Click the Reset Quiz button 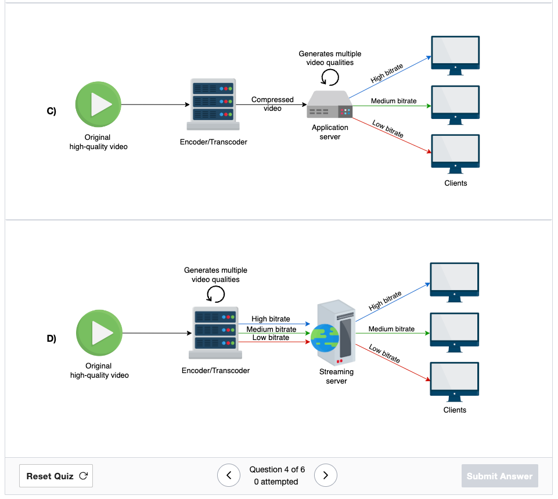coord(56,476)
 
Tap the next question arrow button coord(325,475)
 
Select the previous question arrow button coord(229,475)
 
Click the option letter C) coord(51,111)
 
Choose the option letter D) coord(51,338)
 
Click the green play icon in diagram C coord(98,104)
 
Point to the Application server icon coord(330,104)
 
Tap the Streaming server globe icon coord(325,338)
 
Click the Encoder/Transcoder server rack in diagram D coord(215,332)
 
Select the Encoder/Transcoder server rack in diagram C coord(213,104)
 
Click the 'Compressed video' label coord(272,104)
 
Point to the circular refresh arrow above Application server coord(330,77)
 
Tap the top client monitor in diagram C coord(455,56)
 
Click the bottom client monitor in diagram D coord(455,382)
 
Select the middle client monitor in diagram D coord(455,332)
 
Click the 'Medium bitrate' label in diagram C coord(394,101)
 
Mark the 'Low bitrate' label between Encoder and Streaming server coord(271,338)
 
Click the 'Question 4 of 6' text coord(277,469)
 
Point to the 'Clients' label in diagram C coord(455,183)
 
